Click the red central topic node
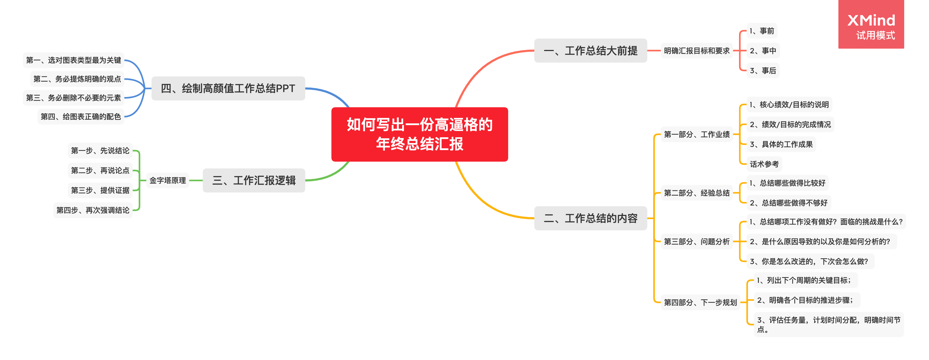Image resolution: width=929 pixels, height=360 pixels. click(x=419, y=134)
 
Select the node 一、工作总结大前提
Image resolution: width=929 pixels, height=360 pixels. click(x=590, y=50)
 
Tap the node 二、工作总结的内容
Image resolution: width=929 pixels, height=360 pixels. click(x=590, y=218)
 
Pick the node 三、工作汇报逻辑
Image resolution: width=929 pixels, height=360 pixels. click(x=254, y=180)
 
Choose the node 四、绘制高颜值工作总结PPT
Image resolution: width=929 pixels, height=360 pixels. click(x=228, y=88)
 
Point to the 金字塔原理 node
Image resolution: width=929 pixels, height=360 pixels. click(x=168, y=180)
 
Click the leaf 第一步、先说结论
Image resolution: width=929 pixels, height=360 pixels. click(x=100, y=150)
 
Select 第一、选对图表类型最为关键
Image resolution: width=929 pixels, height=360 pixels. click(x=73, y=60)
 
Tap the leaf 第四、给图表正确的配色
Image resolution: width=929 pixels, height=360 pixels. click(x=81, y=117)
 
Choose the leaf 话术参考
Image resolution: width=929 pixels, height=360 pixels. click(x=764, y=164)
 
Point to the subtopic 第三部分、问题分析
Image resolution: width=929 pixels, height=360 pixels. click(x=696, y=242)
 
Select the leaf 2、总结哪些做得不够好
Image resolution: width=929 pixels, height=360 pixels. click(x=788, y=203)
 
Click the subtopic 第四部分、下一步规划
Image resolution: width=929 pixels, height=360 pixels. click(x=700, y=302)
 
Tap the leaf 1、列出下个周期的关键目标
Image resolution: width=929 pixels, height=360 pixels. click(x=805, y=280)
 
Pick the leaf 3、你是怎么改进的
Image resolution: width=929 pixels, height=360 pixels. click(x=809, y=261)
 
